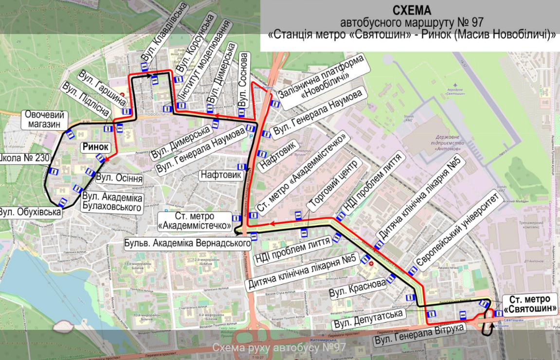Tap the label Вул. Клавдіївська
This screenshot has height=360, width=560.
(163, 32)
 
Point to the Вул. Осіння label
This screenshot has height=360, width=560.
(119, 179)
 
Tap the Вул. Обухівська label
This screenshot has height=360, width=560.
(30, 213)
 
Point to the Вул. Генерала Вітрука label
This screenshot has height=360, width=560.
(419, 335)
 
